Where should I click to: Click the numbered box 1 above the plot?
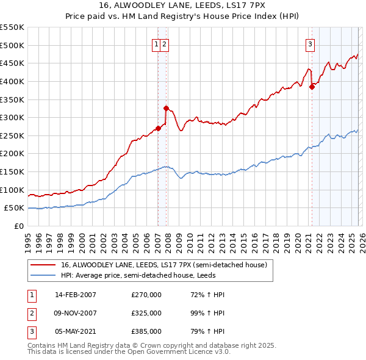pyautogui.click(x=157, y=43)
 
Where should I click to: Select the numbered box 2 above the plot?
pyautogui.click(x=165, y=43)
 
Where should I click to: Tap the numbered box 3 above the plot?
pyautogui.click(x=310, y=43)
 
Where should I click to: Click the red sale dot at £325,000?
pyautogui.click(x=166, y=108)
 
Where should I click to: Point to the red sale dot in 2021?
pyautogui.click(x=312, y=87)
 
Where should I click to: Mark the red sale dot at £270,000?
pyautogui.click(x=158, y=128)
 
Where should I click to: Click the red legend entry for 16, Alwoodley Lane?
pyautogui.click(x=163, y=265)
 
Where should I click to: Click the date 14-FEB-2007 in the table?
pyautogui.click(x=75, y=295)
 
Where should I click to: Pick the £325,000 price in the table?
pyautogui.click(x=146, y=313)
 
